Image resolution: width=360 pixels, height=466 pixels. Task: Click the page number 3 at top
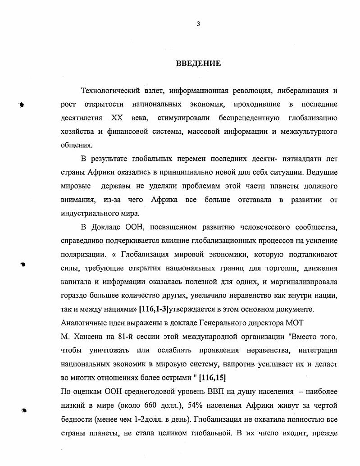pyautogui.click(x=198, y=24)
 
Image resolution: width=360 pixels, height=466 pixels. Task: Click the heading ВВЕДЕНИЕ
pyautogui.click(x=198, y=64)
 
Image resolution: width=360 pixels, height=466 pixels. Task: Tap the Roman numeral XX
pyautogui.click(x=116, y=118)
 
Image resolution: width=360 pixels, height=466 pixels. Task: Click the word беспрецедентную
pyautogui.click(x=244, y=118)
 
